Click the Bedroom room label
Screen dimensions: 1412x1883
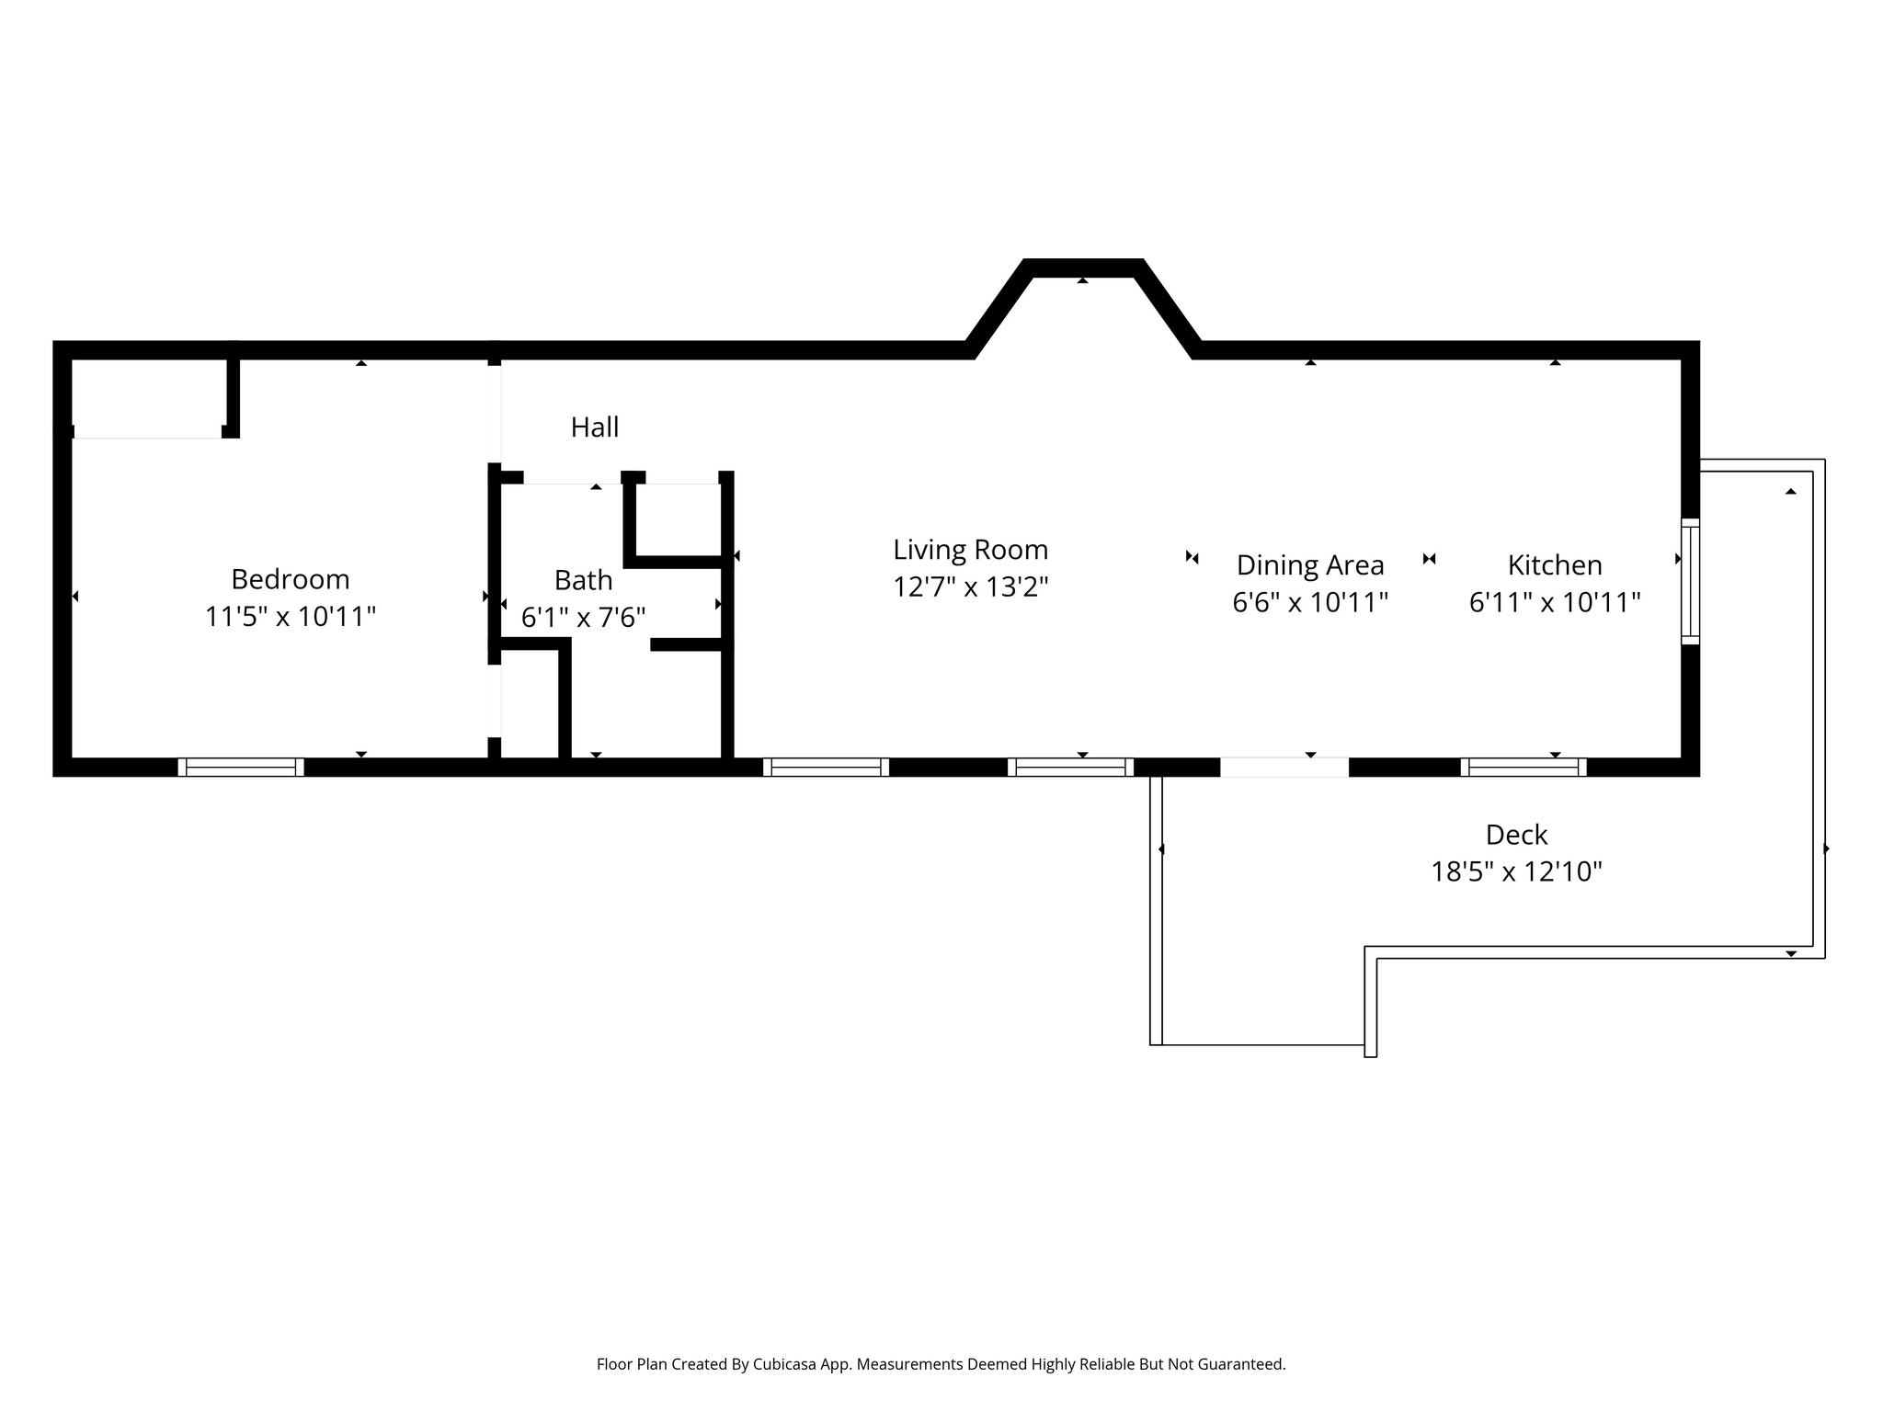coord(290,579)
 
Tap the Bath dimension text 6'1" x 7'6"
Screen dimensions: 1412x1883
coord(583,617)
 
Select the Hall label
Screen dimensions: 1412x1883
coord(595,427)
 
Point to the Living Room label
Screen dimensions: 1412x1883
coord(970,550)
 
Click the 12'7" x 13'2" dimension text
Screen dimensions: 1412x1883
coord(970,586)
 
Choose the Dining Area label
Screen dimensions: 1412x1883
coord(1309,564)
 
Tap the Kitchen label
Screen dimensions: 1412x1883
coord(1554,564)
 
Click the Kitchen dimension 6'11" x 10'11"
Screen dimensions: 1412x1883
coord(1554,602)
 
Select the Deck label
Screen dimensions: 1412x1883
coord(1516,835)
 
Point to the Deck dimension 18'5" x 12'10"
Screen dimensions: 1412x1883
coord(1516,871)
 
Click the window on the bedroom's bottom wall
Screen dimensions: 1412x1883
coord(241,767)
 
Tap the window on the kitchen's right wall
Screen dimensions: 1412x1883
coord(1690,581)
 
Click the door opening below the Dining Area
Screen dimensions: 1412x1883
coord(1284,767)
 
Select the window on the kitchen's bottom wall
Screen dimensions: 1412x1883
coord(1523,767)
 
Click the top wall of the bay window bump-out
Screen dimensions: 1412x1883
coord(1083,268)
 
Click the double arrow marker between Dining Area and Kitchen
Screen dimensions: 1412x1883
coord(1429,559)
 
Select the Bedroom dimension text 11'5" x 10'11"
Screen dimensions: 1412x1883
coord(290,617)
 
